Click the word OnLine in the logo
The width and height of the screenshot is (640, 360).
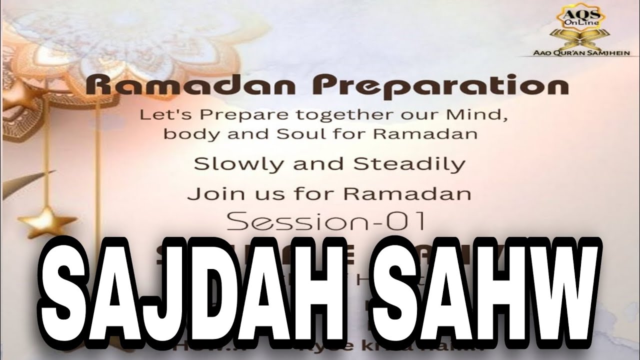[575, 23]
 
